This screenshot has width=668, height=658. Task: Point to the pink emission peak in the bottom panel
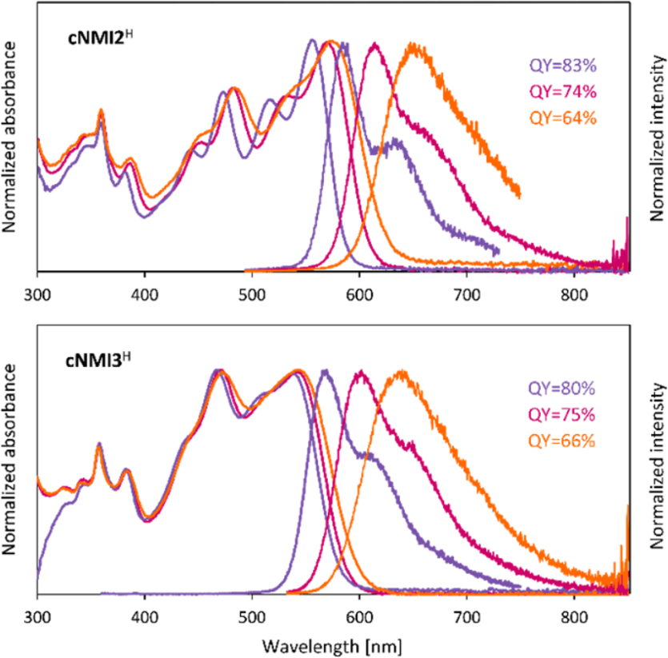(362, 372)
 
